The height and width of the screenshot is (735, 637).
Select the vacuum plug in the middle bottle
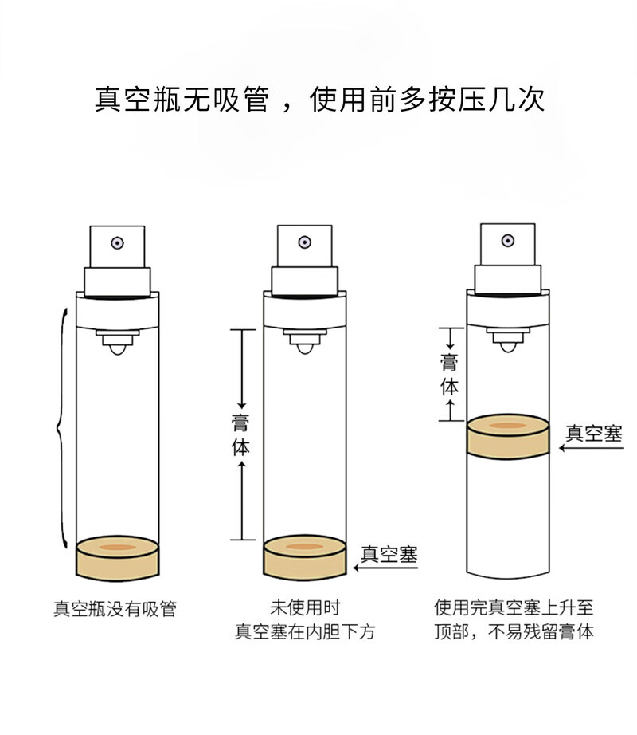click(304, 556)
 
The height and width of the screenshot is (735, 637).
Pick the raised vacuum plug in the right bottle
click(507, 437)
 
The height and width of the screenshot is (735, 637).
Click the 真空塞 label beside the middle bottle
click(389, 554)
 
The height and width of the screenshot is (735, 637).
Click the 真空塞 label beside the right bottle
click(593, 433)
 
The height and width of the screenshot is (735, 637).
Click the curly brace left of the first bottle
click(60, 430)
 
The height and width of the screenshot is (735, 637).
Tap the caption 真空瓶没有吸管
click(115, 610)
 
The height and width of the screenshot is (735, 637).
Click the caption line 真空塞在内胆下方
click(304, 632)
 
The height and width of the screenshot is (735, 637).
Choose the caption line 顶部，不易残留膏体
click(514, 633)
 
